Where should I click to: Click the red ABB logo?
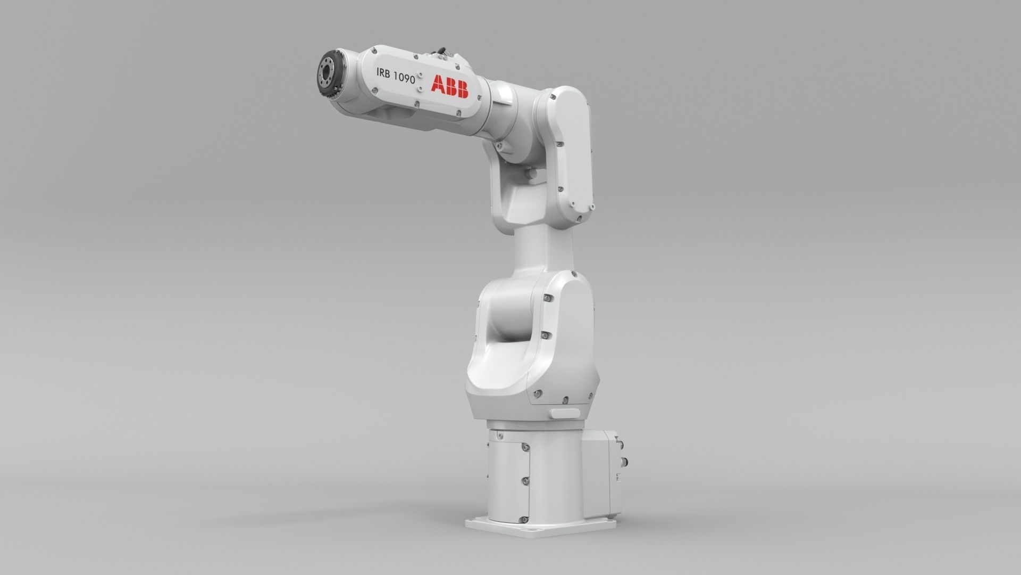point(449,86)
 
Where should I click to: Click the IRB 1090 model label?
point(395,75)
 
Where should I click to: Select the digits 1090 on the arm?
point(404,76)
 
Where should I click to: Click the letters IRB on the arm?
point(384,72)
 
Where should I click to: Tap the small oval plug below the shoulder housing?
point(565,413)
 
